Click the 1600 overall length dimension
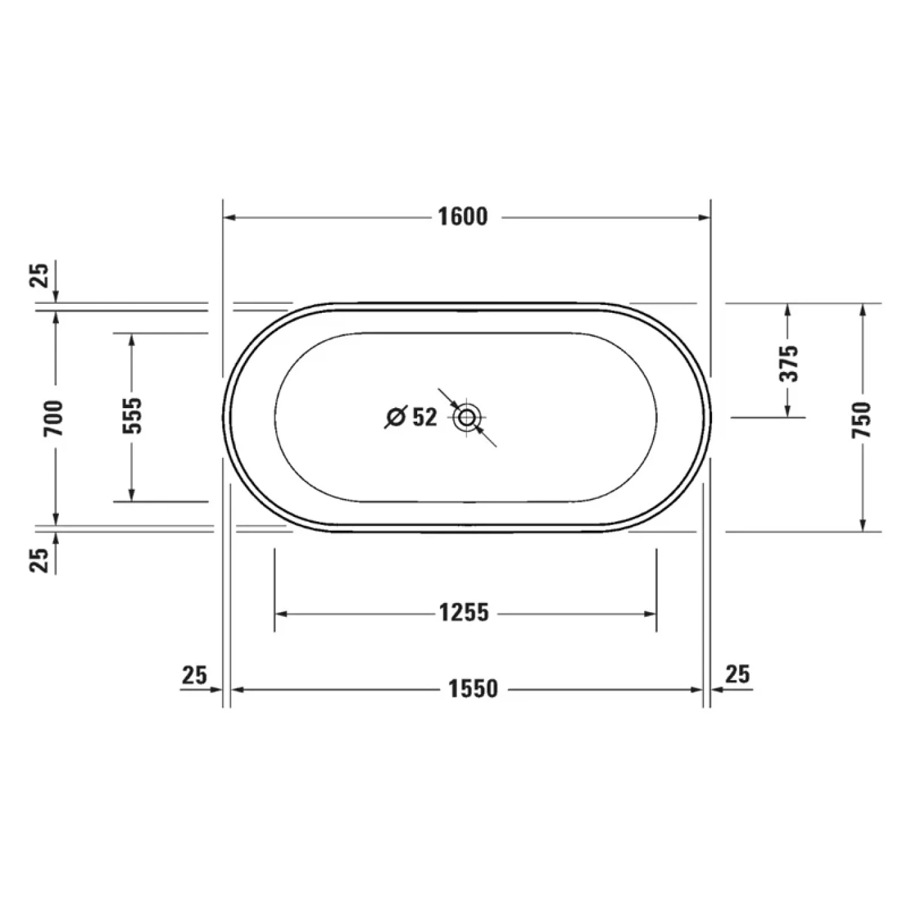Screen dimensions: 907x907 click(x=463, y=217)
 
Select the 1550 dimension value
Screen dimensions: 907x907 click(x=473, y=689)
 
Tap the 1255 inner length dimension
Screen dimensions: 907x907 click(x=464, y=613)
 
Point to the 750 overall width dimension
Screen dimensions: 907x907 click(x=862, y=419)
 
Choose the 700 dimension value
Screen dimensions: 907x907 click(x=55, y=418)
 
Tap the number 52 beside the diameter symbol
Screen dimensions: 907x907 click(x=424, y=417)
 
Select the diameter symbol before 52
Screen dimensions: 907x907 click(x=395, y=418)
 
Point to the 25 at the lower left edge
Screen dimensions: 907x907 click(x=40, y=560)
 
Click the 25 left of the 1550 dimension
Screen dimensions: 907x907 click(x=194, y=675)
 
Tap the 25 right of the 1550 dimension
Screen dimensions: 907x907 click(x=737, y=674)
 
